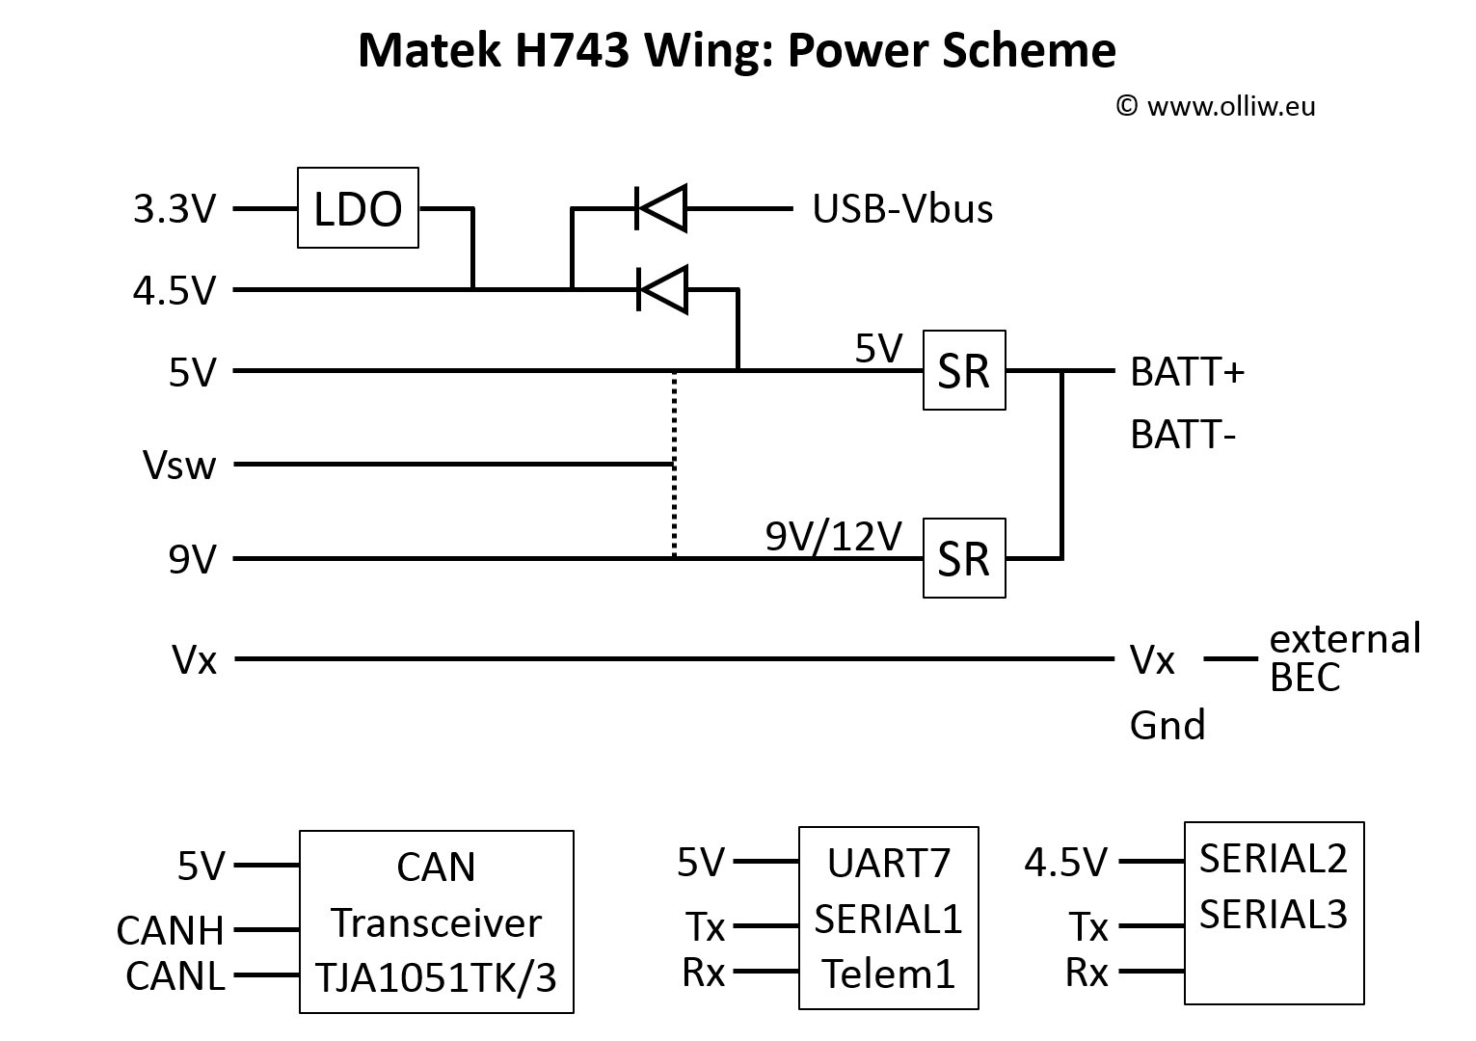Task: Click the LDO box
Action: point(358,208)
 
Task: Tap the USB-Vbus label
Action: point(902,208)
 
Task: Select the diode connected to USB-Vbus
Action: point(661,207)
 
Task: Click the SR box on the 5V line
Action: point(964,371)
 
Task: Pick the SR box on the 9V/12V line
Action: point(964,558)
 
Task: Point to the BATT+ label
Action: point(1187,372)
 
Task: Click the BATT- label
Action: point(1183,436)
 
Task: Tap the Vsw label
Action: point(179,466)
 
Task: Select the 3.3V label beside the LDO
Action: point(174,208)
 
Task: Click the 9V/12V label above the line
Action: point(834,536)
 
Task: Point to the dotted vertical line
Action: point(674,463)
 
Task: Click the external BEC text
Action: point(1344,657)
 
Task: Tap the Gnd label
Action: point(1167,725)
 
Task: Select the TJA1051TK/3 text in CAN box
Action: point(437,977)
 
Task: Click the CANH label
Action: point(170,931)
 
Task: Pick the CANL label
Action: point(174,976)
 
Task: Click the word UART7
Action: point(889,864)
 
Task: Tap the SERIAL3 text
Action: point(1273,913)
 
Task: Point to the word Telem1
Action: point(889,974)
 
